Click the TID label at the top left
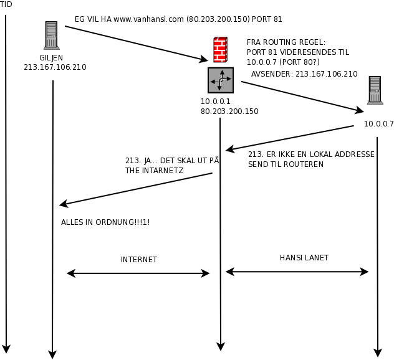6,4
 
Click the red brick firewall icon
220,50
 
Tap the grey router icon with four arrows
221,80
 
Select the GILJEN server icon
51,35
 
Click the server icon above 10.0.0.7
374,90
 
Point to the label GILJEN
52,57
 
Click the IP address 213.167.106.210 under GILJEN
55,67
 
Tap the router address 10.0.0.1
215,102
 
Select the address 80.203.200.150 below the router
229,111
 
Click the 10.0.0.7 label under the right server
378,123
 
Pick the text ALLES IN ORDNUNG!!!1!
105,222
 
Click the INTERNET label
138,260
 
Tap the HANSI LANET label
304,257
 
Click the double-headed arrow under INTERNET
138,273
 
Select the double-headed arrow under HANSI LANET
297,272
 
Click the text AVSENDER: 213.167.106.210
304,74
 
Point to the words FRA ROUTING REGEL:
286,42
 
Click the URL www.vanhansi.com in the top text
149,19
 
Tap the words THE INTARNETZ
154,169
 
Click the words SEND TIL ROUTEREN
286,164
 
